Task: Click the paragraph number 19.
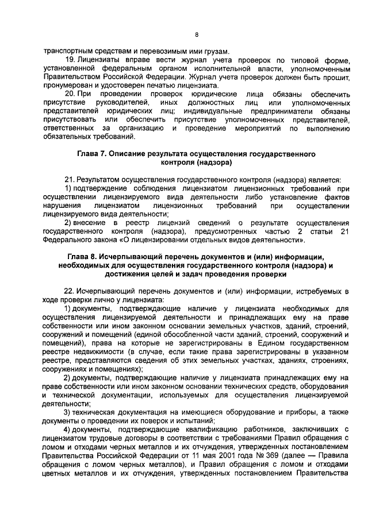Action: click(x=68, y=60)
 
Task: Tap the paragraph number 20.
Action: click(x=69, y=93)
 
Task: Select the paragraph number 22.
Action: click(x=69, y=292)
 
